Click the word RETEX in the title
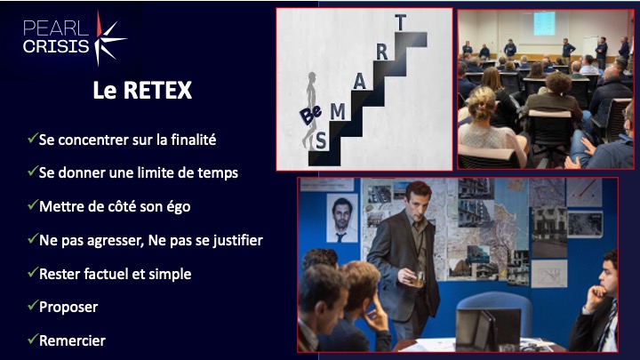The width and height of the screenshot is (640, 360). coord(157,90)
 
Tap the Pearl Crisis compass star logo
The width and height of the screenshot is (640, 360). coord(108,38)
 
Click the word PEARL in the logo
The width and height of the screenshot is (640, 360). coord(56,28)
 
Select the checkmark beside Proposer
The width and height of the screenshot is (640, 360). coord(33,305)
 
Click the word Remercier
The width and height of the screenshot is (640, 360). coord(72,340)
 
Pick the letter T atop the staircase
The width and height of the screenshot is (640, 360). coord(401,22)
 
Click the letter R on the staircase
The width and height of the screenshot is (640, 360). coord(381,52)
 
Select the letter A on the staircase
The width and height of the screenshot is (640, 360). coord(359,82)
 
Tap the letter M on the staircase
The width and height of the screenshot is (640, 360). coord(338,111)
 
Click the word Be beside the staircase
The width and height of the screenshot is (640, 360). coord(311,115)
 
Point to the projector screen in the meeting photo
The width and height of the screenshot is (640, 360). coord(545,23)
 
